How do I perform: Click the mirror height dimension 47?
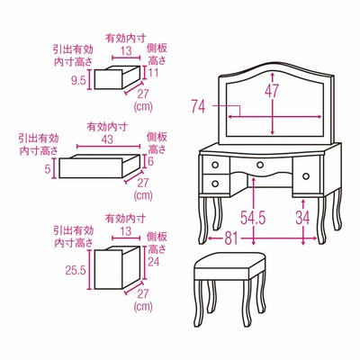(x=272, y=90)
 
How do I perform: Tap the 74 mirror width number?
(x=198, y=106)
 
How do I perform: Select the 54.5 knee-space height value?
(x=253, y=217)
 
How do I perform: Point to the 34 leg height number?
(x=302, y=217)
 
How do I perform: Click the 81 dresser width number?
(x=230, y=238)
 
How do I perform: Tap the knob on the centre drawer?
(x=260, y=165)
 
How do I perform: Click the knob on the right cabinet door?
(x=306, y=176)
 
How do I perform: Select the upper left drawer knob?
(x=215, y=165)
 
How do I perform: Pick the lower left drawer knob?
(x=215, y=183)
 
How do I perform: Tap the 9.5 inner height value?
(x=79, y=80)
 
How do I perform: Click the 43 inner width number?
(x=107, y=139)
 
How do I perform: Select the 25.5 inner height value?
(x=76, y=271)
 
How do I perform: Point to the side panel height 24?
(x=154, y=262)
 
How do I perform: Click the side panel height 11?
(x=153, y=73)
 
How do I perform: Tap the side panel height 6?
(x=150, y=161)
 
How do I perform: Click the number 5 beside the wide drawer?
(x=47, y=169)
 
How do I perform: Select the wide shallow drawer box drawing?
(x=100, y=166)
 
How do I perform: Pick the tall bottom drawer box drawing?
(x=117, y=267)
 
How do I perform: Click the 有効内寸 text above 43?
(x=107, y=127)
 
